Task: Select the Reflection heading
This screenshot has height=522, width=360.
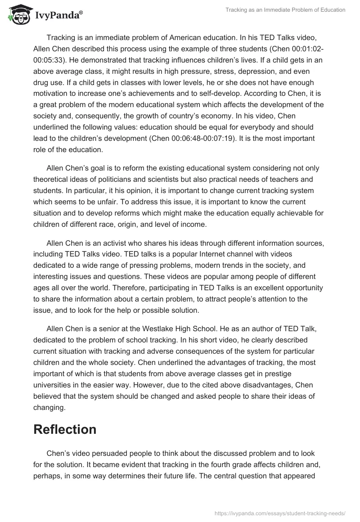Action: pos(65,429)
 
